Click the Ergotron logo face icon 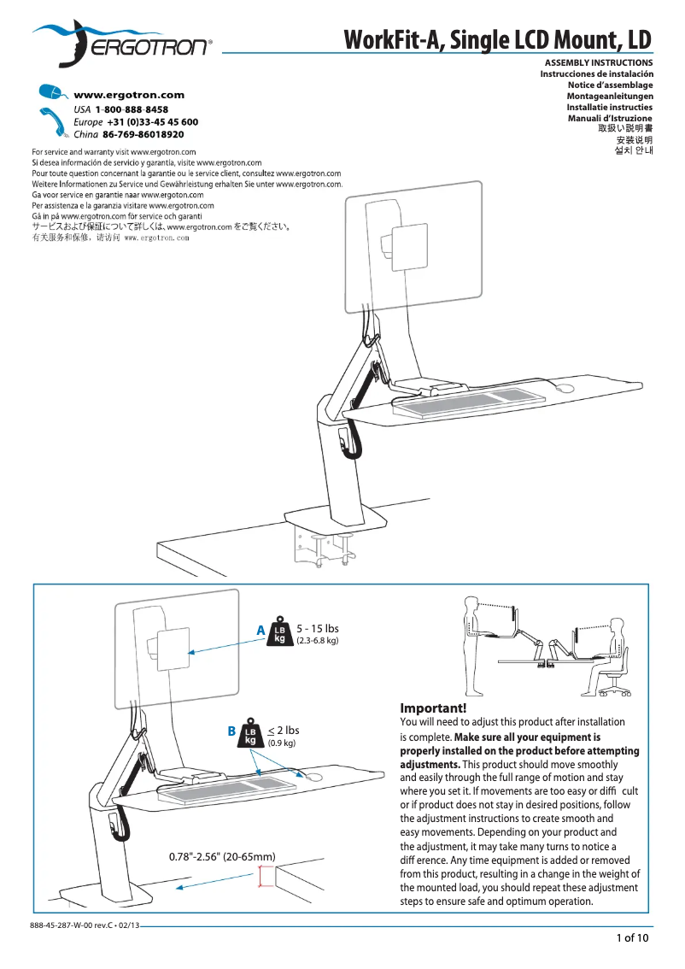pyautogui.click(x=73, y=44)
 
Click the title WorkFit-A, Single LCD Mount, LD pyautogui.click(x=498, y=39)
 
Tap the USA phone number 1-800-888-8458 pyautogui.click(x=132, y=110)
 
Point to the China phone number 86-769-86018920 pyautogui.click(x=143, y=134)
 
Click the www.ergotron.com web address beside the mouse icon pyautogui.click(x=129, y=95)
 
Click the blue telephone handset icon pyautogui.click(x=56, y=123)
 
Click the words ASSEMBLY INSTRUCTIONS pyautogui.click(x=599, y=62)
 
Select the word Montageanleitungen pyautogui.click(x=610, y=96)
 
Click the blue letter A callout pyautogui.click(x=261, y=631)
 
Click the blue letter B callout pyautogui.click(x=231, y=731)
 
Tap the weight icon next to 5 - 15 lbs pyautogui.click(x=280, y=632)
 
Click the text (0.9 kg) pyautogui.click(x=282, y=743)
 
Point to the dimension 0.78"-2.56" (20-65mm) pyautogui.click(x=222, y=856)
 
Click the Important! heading pyautogui.click(x=433, y=708)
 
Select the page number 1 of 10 pyautogui.click(x=633, y=938)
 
